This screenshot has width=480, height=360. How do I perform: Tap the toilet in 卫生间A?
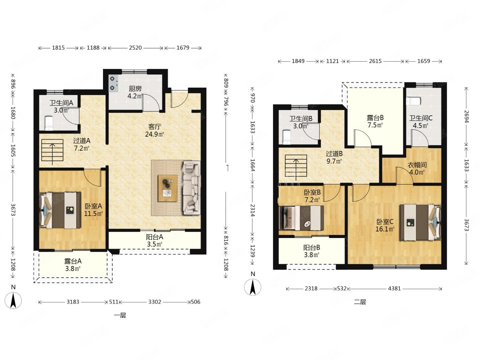click(49, 123)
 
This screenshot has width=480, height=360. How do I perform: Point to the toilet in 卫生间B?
click(286, 137)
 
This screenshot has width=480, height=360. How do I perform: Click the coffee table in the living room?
click(167, 188)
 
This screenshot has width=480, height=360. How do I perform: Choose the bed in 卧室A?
click(60, 211)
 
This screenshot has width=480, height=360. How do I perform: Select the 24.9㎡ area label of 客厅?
click(154, 134)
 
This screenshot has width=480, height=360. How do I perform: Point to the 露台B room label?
click(375, 118)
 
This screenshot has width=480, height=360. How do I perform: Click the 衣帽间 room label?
click(417, 165)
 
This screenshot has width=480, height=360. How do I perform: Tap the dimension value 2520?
click(135, 48)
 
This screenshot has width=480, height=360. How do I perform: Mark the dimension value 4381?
click(394, 288)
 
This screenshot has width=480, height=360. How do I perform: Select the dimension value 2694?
click(466, 117)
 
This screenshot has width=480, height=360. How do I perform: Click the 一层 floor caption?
click(120, 315)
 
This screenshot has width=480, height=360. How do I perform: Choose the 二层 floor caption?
click(360, 302)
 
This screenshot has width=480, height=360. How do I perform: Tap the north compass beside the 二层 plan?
click(252, 287)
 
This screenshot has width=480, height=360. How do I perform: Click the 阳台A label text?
click(154, 237)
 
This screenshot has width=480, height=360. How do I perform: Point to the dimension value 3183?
click(73, 302)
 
